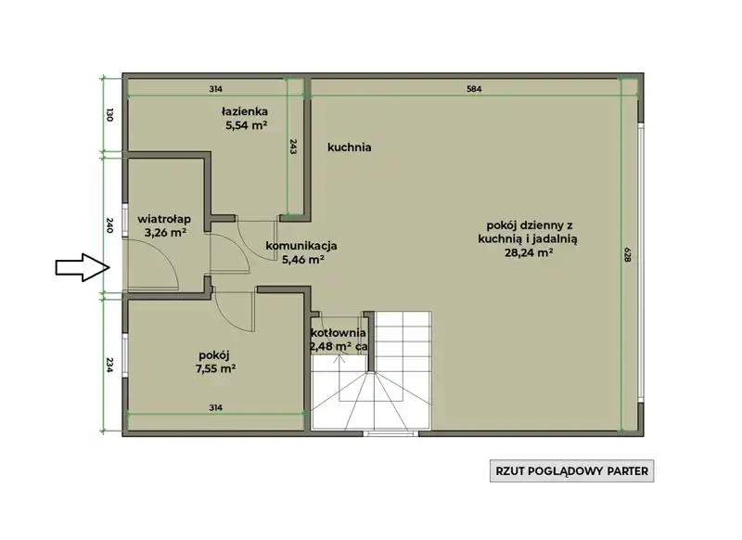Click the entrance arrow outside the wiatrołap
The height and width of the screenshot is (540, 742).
[83, 267]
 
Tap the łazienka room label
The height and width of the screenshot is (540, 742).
[245, 111]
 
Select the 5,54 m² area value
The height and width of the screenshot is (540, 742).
[246, 125]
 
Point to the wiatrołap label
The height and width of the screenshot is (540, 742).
[164, 219]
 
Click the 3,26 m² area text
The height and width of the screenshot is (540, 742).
[165, 232]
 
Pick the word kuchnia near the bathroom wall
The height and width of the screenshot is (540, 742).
[350, 148]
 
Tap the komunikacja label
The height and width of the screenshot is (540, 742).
[301, 246]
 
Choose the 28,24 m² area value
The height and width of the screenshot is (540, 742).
[529, 252]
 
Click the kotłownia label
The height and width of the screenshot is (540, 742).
[338, 333]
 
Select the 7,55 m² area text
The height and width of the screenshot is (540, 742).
[215, 368]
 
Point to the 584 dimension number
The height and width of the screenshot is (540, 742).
[474, 88]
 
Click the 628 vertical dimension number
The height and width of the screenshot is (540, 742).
[628, 255]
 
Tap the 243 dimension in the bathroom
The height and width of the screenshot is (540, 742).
[293, 147]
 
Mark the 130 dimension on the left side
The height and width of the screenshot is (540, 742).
[109, 115]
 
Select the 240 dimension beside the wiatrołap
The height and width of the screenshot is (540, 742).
[109, 225]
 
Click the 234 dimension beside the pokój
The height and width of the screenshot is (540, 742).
[109, 365]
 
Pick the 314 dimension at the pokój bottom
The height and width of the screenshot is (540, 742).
[215, 407]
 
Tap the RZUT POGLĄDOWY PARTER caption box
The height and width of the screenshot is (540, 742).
[571, 471]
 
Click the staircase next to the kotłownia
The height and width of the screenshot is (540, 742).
[372, 370]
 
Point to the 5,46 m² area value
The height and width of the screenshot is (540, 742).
[303, 260]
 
